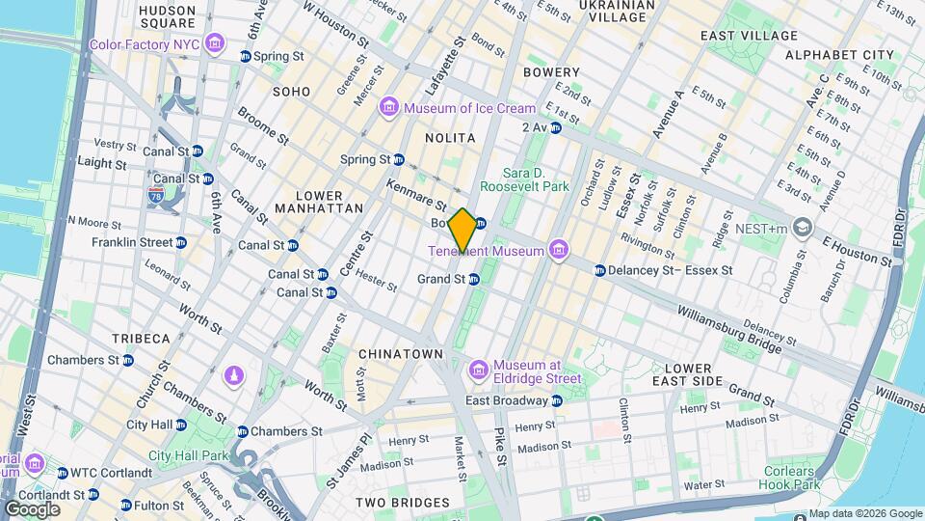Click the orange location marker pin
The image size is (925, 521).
click(462, 230)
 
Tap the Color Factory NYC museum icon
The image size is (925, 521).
click(214, 44)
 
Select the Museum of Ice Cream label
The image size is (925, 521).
click(469, 108)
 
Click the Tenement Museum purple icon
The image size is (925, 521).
click(557, 251)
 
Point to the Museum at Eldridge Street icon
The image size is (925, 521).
click(479, 370)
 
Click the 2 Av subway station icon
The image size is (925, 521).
click(555, 127)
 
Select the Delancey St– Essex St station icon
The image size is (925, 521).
click(599, 270)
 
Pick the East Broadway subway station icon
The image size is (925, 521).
click(556, 400)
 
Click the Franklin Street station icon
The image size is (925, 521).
click(180, 242)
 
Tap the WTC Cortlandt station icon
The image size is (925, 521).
click(63, 473)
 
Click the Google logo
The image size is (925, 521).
click(32, 508)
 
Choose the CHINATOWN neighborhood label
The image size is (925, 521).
click(401, 354)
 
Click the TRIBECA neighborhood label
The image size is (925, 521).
click(140, 339)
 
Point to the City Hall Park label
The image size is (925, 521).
click(189, 455)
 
